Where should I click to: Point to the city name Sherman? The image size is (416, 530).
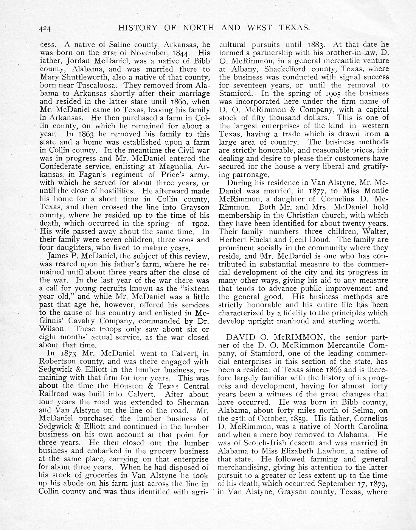click(194, 402)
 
